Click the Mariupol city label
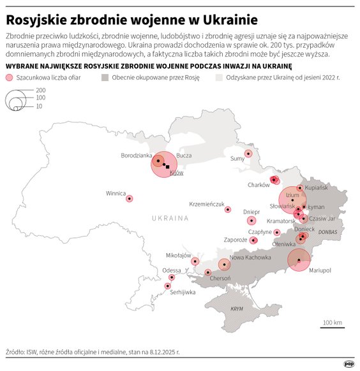click(x=320, y=270)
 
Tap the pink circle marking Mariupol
click(x=298, y=260)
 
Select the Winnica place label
click(x=116, y=193)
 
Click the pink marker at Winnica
click(x=130, y=199)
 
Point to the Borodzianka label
click(x=136, y=155)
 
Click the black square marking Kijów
click(x=168, y=167)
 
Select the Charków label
click(x=259, y=185)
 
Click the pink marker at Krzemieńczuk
click(x=228, y=209)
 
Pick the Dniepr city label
click(x=251, y=211)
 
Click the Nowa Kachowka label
click(x=250, y=258)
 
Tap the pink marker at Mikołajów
click(x=195, y=261)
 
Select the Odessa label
click(x=171, y=270)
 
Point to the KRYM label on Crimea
click(x=237, y=309)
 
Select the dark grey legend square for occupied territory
click(x=105, y=77)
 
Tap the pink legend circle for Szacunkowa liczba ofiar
click(x=9, y=77)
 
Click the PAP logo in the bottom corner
click(x=349, y=364)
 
